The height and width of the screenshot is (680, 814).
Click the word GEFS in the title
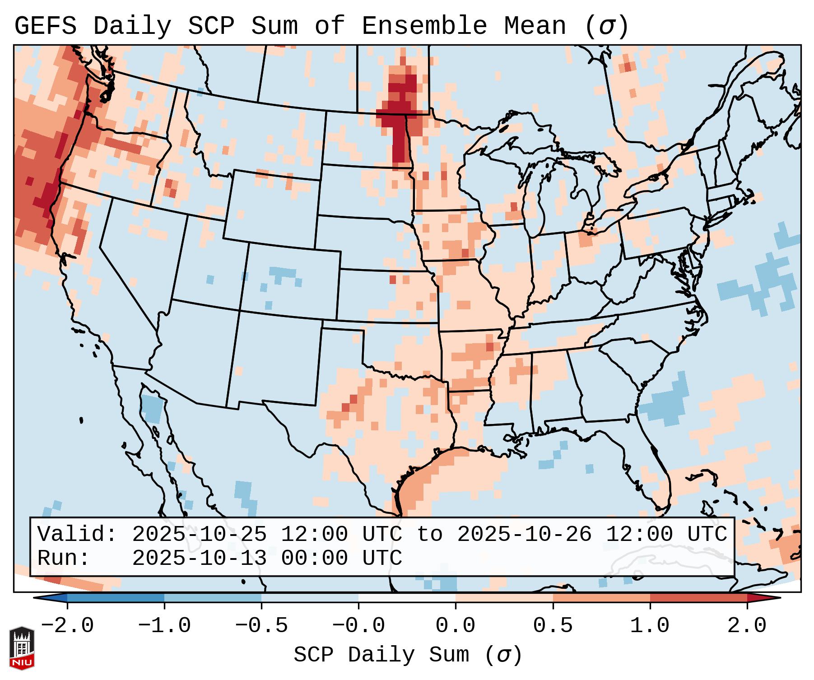[45, 26]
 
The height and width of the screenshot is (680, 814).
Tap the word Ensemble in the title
[424, 26]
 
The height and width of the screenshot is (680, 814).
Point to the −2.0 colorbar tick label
[67, 626]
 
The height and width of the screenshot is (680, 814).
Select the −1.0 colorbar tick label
[164, 626]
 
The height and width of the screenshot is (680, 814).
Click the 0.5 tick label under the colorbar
[553, 626]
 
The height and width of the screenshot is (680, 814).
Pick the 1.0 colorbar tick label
[650, 626]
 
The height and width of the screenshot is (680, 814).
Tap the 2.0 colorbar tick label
[747, 626]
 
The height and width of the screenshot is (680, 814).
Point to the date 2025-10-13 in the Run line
[199, 558]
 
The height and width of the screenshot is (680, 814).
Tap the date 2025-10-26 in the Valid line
[524, 534]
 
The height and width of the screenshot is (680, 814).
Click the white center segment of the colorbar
[407, 598]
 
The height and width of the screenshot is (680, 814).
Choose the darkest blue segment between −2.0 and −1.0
[116, 598]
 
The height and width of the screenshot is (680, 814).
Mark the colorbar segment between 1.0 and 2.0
[698, 598]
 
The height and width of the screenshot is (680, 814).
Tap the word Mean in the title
[535, 26]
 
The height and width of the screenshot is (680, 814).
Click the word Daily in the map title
[132, 26]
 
